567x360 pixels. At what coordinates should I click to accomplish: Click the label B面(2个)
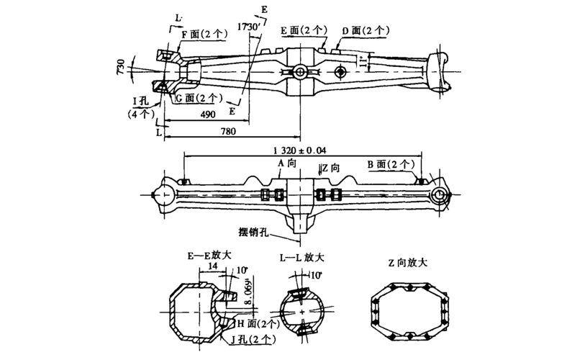pyautogui.click(x=391, y=165)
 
